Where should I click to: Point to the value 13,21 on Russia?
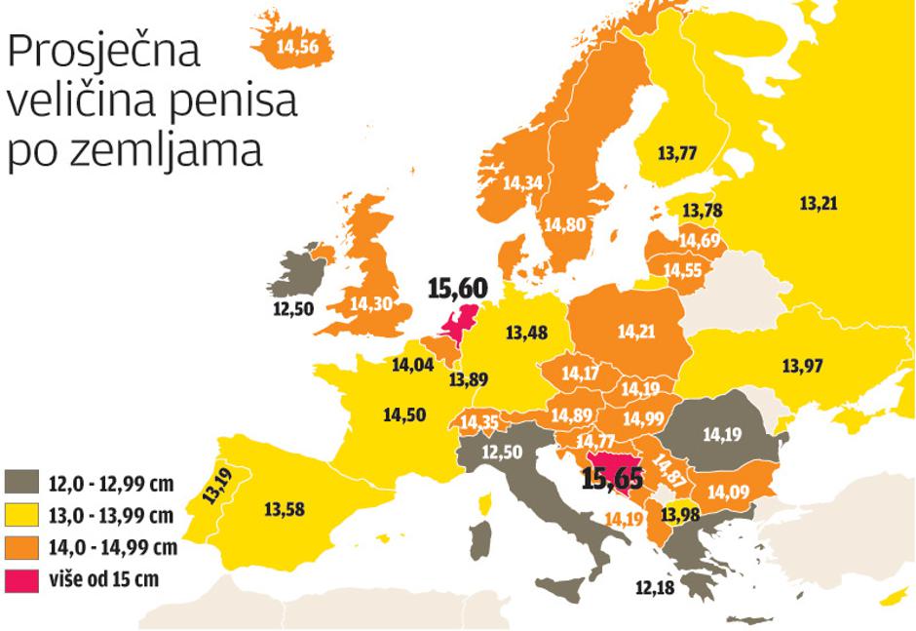(819, 204)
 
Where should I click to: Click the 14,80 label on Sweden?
(565, 224)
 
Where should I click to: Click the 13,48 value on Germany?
(527, 333)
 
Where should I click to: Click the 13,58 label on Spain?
(286, 509)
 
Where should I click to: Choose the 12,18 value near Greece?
(655, 588)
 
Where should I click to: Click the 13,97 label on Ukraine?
(803, 366)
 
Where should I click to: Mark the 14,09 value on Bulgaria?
(730, 492)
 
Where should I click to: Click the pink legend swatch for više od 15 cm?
(22, 579)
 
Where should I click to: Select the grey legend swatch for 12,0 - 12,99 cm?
(22, 480)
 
